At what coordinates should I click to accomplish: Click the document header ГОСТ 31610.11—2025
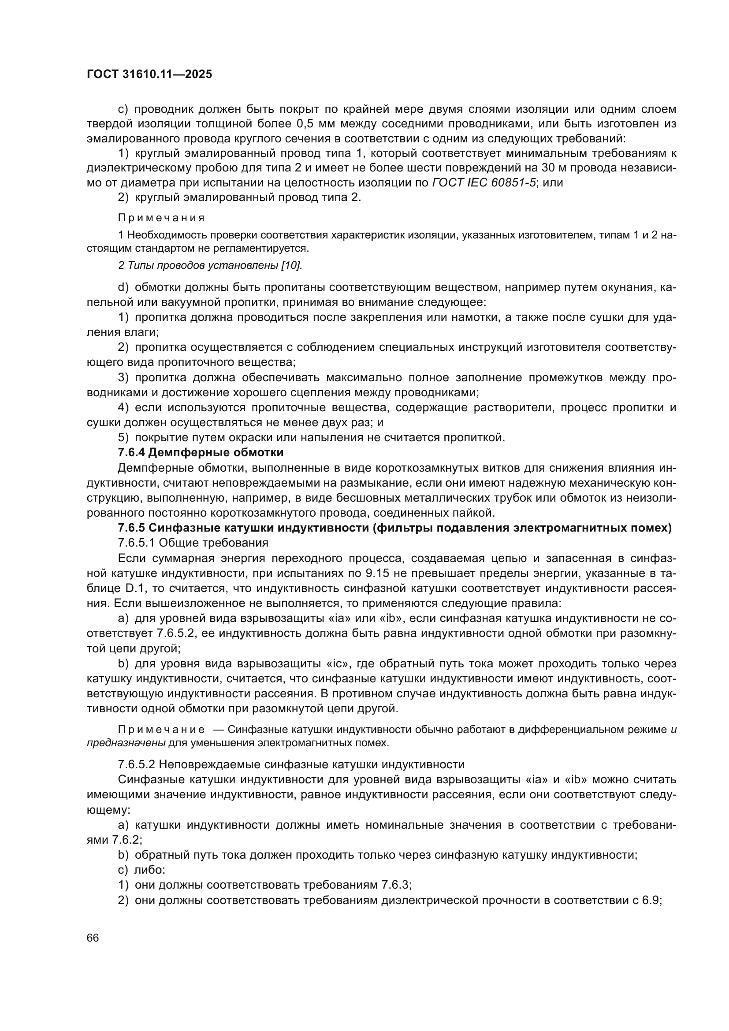pyautogui.click(x=149, y=74)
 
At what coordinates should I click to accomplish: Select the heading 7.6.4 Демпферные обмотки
pyautogui.click(x=200, y=452)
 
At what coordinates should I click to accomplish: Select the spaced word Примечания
pyautogui.click(x=161, y=218)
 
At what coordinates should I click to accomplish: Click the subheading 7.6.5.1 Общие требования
pyautogui.click(x=193, y=543)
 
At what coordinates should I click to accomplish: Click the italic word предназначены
pyautogui.click(x=126, y=743)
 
